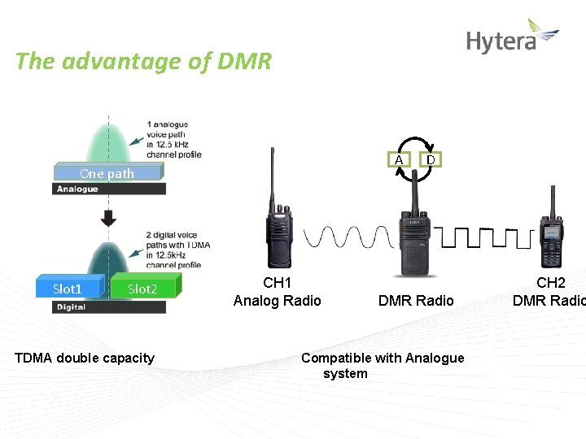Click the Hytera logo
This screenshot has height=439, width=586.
pos(512,37)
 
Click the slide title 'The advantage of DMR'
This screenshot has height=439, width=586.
pos(143,62)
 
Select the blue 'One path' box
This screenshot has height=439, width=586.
pos(107,172)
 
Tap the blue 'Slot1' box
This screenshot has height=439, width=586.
pos(68,289)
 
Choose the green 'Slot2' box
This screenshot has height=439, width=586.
pos(144,289)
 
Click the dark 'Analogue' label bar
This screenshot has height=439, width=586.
pos(109,189)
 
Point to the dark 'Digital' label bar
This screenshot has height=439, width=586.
pos(109,307)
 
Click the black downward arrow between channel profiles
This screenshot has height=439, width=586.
pos(108,218)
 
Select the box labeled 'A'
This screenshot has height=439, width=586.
pos(399,159)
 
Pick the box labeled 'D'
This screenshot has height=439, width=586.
pos(431,159)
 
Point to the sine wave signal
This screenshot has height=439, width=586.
pos(349,237)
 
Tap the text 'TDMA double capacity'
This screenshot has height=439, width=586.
pos(85,358)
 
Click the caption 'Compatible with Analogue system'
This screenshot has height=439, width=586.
pos(383,366)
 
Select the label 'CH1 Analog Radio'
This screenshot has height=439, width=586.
pos(278,292)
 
